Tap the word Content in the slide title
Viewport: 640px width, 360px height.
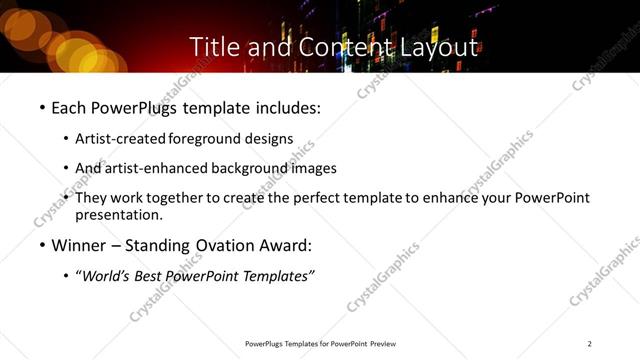click(x=331, y=46)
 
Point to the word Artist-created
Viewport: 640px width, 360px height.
click(x=121, y=139)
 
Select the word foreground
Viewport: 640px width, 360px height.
click(x=205, y=139)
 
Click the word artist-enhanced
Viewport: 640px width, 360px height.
click(x=154, y=168)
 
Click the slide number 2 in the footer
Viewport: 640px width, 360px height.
click(x=590, y=344)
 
